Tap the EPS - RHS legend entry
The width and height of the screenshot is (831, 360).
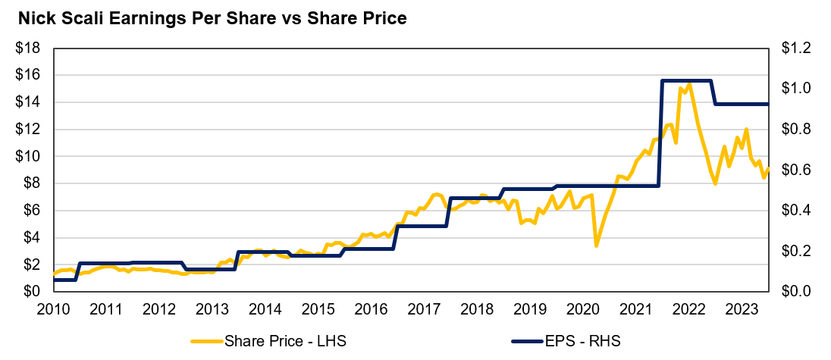583,341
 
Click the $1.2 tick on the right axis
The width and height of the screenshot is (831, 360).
795,49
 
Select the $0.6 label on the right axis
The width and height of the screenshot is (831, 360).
795,170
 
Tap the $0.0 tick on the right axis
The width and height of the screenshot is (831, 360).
795,292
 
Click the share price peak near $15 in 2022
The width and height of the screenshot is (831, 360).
688,84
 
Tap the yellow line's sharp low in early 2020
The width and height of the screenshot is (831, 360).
596,246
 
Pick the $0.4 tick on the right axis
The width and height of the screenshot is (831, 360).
795,211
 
